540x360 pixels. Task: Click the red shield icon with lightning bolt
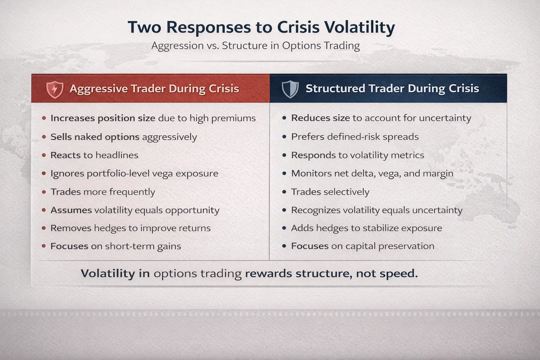click(55, 89)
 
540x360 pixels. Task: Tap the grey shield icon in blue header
click(290, 89)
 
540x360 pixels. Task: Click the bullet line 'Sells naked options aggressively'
click(123, 137)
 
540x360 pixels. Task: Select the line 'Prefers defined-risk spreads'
click(355, 137)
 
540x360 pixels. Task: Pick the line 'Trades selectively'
click(330, 192)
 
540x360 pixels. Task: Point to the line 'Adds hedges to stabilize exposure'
click(366, 228)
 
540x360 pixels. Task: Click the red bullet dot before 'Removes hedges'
click(44, 228)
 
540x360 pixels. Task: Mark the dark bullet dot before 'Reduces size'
click(284, 118)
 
